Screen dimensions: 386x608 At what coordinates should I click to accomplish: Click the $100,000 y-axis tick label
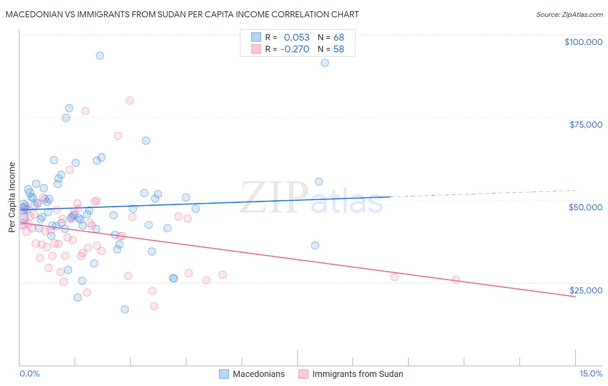click(583, 42)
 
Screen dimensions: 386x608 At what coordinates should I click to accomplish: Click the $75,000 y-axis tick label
click(586, 125)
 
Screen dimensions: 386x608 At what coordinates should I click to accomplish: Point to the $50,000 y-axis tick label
click(586, 207)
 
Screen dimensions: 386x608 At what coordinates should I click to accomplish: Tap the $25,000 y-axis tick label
click(586, 290)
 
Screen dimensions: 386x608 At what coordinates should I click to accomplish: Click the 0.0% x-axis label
click(29, 374)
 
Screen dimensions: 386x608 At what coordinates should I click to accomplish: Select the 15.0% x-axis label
click(591, 374)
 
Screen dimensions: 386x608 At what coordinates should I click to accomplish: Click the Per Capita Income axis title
click(12, 197)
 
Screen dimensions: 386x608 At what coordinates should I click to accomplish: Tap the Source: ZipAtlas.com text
click(569, 15)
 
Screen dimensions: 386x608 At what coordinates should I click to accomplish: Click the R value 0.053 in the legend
click(297, 37)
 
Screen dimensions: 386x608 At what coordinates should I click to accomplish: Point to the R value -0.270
click(294, 49)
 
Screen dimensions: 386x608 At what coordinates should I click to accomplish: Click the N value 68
click(339, 37)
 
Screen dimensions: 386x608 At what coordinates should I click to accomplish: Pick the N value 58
click(339, 49)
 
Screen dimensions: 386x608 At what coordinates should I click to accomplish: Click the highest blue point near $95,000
click(100, 55)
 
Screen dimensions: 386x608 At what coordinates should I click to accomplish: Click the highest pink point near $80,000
click(130, 100)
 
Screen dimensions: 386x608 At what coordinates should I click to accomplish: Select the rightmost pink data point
click(456, 280)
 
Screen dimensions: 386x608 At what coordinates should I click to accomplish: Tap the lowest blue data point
click(125, 309)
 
